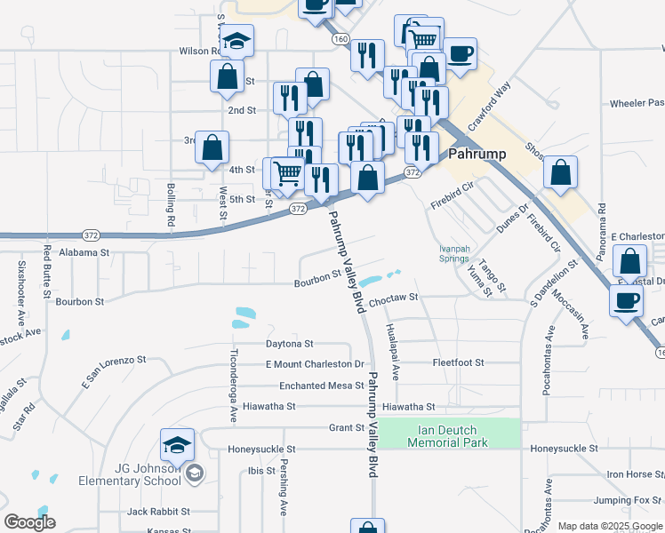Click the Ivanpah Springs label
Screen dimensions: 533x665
453,253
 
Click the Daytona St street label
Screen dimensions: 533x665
290,343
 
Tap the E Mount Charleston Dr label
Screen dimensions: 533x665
315,364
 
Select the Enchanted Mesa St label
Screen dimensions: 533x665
322,386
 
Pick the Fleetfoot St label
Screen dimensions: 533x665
458,362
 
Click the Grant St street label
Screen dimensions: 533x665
347,427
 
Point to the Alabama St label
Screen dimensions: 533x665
84,252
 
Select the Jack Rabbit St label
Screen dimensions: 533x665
158,512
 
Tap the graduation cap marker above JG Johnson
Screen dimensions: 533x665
177,444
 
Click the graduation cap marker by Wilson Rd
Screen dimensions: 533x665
237,41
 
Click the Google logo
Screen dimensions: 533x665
29,522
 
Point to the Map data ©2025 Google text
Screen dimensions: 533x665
610,526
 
